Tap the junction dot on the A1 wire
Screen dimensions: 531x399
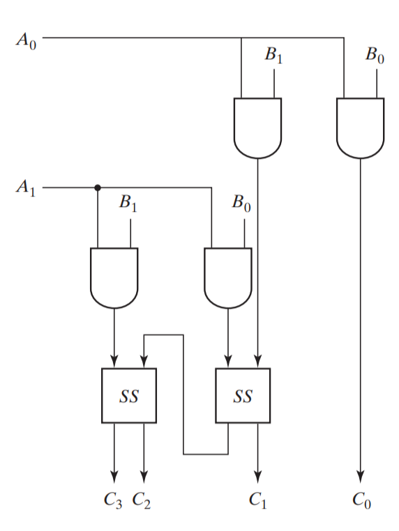[x=98, y=187]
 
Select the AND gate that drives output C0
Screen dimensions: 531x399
[x=360, y=127]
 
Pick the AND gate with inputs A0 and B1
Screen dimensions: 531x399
[x=257, y=127]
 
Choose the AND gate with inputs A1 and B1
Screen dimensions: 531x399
[x=114, y=277]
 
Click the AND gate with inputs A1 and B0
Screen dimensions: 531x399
[x=227, y=277]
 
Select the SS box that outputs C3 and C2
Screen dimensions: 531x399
[x=129, y=395]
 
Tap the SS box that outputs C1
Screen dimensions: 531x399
[x=242, y=395]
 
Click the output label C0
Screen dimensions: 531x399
[x=361, y=500]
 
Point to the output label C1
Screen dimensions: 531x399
[x=258, y=500]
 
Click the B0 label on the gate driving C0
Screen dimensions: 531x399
[x=375, y=56]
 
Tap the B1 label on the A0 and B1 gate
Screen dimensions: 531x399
[x=273, y=56]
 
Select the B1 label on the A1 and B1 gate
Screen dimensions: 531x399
[x=129, y=203]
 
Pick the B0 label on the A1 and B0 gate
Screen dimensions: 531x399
[x=241, y=203]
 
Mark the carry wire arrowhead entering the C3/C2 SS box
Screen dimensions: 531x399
[x=144, y=362]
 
